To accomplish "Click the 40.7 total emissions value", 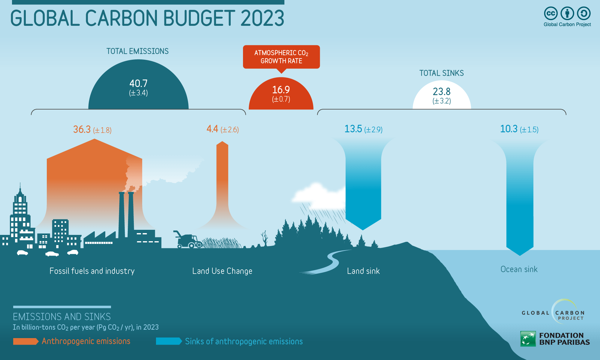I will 138,83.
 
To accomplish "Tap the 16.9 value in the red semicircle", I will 281,90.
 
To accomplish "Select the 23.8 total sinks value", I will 442,91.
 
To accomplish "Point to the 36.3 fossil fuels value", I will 82,129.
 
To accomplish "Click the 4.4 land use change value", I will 212,129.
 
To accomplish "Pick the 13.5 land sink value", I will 353,129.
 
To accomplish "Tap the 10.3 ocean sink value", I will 509,129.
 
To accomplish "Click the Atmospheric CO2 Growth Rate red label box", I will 281,57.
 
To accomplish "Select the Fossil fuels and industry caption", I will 92,271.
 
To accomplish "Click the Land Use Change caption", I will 222,271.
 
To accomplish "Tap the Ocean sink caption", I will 519,269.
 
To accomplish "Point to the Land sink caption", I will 363,271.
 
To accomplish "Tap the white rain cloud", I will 318,196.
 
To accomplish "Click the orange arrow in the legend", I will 26,341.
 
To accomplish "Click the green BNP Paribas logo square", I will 528,339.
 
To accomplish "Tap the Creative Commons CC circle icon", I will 551,13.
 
